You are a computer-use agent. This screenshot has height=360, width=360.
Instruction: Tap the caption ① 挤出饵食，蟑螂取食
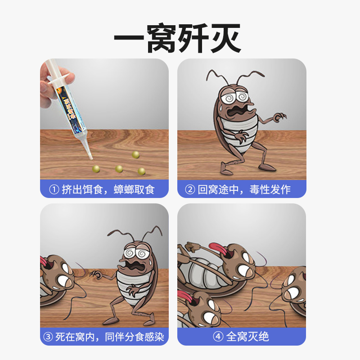coord(104,189)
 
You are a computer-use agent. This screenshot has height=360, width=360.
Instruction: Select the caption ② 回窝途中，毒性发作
coord(242,189)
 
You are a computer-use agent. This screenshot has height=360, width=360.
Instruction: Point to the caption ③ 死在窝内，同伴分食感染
coord(104,337)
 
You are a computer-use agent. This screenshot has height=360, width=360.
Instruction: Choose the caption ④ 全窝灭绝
coord(242,337)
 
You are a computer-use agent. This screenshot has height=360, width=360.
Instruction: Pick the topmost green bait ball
coord(135,154)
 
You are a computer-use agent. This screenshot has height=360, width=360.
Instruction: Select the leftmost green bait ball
coord(96,168)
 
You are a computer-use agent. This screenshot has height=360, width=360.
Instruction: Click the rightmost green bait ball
coord(141,171)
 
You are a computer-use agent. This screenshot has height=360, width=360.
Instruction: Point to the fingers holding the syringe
coord(46,85)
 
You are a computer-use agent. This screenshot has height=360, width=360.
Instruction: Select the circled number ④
coord(218,337)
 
